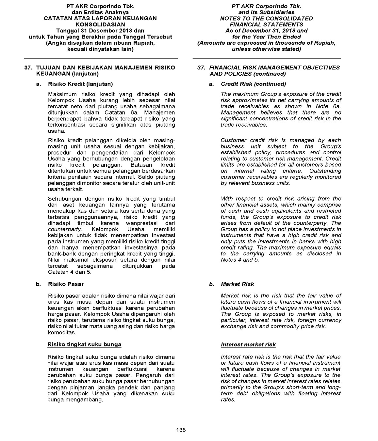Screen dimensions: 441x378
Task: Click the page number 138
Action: (x=181, y=430)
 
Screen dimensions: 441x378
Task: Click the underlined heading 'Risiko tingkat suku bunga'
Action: (x=84, y=344)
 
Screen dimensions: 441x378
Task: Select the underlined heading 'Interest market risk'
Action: (x=248, y=344)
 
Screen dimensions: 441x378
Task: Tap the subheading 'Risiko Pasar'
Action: (x=66, y=284)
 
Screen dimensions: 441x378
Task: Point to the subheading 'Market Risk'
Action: (x=237, y=284)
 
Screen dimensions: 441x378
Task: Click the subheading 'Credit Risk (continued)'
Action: (x=253, y=84)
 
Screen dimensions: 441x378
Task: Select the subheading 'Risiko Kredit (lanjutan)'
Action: (x=80, y=84)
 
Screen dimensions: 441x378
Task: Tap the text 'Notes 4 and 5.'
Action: (x=240, y=260)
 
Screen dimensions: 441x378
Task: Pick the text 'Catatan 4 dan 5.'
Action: (x=70, y=272)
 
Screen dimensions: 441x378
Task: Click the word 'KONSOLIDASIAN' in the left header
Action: (x=100, y=24)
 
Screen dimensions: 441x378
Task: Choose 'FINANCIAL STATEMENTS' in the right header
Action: (x=266, y=24)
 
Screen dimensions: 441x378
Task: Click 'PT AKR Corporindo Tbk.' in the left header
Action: (x=100, y=6)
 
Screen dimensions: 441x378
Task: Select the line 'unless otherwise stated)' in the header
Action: (x=266, y=49)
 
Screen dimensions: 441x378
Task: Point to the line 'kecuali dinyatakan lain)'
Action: (x=100, y=49)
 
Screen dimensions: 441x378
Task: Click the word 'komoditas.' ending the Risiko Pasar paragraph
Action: (x=62, y=332)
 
